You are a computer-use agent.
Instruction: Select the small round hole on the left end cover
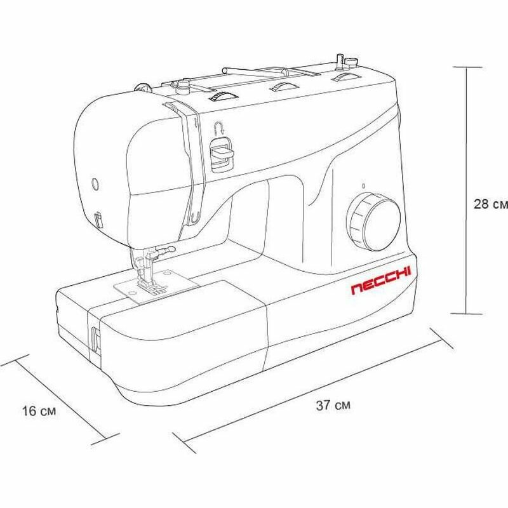click(x=96, y=184)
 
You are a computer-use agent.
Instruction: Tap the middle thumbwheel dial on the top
click(x=283, y=87)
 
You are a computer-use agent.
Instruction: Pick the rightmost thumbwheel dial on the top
click(x=344, y=78)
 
